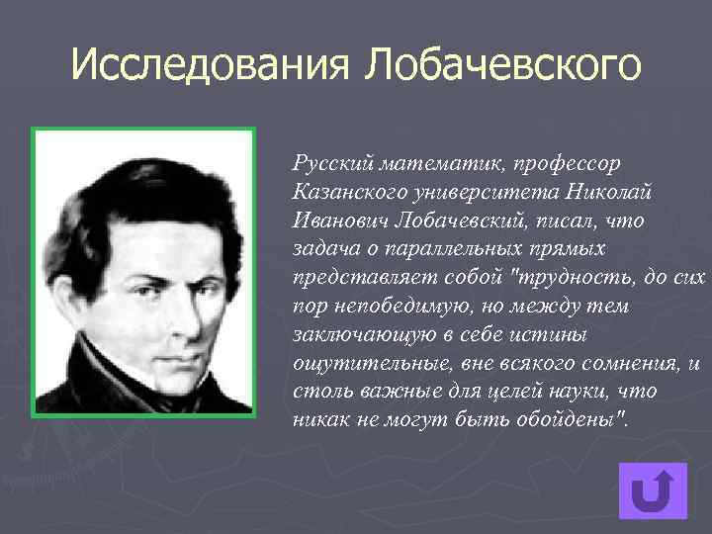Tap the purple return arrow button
point(652,491)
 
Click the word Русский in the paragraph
point(327,160)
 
